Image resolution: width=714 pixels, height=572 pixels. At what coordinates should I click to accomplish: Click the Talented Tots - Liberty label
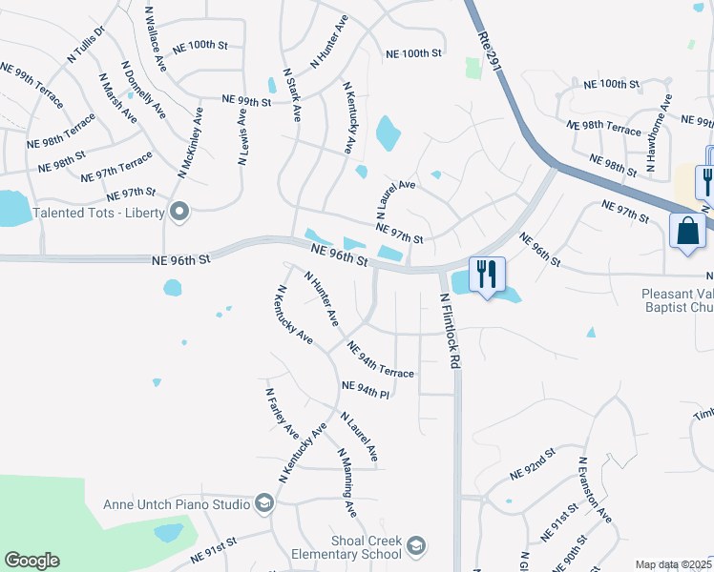click(99, 212)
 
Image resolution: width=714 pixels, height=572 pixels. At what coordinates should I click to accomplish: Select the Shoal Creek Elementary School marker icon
click(416, 546)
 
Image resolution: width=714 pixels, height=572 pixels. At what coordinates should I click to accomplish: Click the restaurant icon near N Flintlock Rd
click(487, 275)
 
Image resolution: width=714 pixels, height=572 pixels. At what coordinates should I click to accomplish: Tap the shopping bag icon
click(687, 232)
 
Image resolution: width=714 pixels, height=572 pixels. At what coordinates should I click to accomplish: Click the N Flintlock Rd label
click(450, 332)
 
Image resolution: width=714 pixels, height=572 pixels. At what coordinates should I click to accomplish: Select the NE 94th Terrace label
click(381, 360)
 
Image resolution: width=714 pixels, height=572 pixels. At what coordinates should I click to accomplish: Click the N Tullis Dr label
click(85, 46)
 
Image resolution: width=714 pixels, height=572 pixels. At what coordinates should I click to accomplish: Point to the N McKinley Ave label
click(190, 142)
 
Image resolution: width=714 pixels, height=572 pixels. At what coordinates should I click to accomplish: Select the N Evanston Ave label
click(592, 489)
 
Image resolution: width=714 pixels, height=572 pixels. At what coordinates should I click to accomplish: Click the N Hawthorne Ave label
click(659, 133)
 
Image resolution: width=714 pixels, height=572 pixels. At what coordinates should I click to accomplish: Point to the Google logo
click(31, 561)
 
